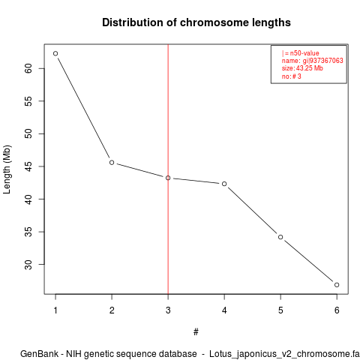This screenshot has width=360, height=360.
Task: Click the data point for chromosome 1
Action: (55, 53)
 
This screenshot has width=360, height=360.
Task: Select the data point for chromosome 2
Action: (112, 163)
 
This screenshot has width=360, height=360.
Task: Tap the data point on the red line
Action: (168, 178)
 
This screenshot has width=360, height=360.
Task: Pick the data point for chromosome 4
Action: (224, 184)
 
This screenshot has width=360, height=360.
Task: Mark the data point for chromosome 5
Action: (280, 237)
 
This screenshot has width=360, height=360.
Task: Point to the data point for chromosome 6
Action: (337, 285)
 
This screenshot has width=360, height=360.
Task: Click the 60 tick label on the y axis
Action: (28, 68)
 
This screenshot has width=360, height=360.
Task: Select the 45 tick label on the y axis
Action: (28, 166)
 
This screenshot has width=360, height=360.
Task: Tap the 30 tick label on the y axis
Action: (28, 265)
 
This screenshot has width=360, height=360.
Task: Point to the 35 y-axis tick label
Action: (28, 232)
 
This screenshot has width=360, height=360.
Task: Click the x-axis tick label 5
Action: (280, 310)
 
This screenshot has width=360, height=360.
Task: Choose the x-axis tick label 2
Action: (112, 310)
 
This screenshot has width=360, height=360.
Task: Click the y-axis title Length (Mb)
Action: (7, 169)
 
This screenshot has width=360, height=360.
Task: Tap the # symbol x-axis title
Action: (196, 332)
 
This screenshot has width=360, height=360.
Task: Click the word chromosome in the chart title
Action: (214, 22)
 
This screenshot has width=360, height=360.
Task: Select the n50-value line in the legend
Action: (301, 53)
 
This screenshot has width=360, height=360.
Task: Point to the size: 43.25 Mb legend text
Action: (302, 68)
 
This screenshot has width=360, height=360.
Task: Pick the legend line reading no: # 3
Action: (292, 76)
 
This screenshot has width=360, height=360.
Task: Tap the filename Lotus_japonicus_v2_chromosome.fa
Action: (284, 355)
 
